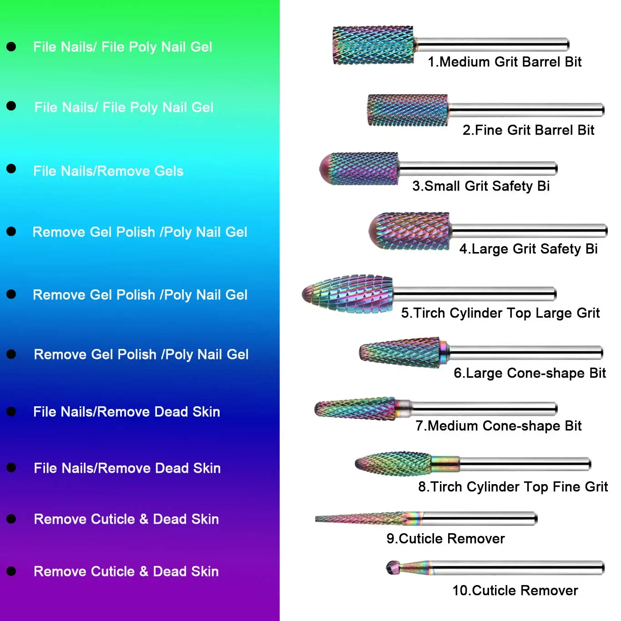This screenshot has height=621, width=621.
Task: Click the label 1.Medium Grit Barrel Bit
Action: (x=505, y=62)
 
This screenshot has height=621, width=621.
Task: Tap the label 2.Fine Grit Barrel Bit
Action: (x=528, y=130)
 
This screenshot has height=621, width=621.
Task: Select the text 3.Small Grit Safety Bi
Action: (x=481, y=186)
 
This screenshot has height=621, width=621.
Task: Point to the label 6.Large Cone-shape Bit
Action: (x=530, y=373)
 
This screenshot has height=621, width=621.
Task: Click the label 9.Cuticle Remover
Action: (x=445, y=539)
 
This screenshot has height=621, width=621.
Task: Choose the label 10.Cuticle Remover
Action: (x=515, y=591)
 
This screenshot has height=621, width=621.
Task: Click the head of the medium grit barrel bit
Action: (x=373, y=45)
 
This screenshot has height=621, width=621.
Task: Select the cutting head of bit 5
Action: (x=348, y=294)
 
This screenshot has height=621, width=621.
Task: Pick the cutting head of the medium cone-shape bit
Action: (x=355, y=409)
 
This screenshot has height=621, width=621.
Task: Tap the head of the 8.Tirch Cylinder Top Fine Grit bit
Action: (x=394, y=464)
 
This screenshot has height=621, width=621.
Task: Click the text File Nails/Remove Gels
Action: (x=108, y=171)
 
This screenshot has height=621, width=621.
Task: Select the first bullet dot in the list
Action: (x=11, y=46)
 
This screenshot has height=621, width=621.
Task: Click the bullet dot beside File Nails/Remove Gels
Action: (x=11, y=169)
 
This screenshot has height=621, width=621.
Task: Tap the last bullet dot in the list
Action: (x=11, y=571)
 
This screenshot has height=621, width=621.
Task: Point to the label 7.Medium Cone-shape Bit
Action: (x=498, y=426)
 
